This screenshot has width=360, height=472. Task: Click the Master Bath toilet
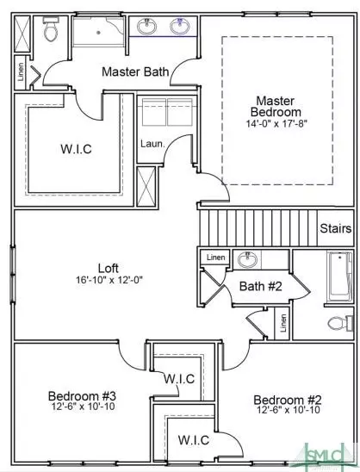[51, 29]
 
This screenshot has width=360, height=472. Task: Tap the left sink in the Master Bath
[147, 26]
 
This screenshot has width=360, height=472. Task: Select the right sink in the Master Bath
[180, 26]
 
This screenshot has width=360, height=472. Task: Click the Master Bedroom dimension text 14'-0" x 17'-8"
[276, 124]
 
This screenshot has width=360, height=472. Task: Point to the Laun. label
[152, 144]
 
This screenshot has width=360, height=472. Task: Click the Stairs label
[336, 228]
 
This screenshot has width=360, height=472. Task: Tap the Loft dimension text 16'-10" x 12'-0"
[109, 280]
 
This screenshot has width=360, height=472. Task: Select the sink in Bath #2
[248, 259]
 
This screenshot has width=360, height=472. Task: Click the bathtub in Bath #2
[340, 276]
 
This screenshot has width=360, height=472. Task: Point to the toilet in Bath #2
[340, 323]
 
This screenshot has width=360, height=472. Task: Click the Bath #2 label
[261, 286]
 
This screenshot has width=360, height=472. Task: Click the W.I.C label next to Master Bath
[76, 149]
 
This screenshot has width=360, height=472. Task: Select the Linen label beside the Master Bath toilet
[21, 71]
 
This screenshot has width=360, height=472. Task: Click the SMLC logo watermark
[327, 455]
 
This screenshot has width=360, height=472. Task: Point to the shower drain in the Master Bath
[98, 32]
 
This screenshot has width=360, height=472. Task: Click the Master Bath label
[135, 71]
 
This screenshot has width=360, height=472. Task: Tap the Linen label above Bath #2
[216, 258]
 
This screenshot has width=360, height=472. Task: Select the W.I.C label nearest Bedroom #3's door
[179, 378]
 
